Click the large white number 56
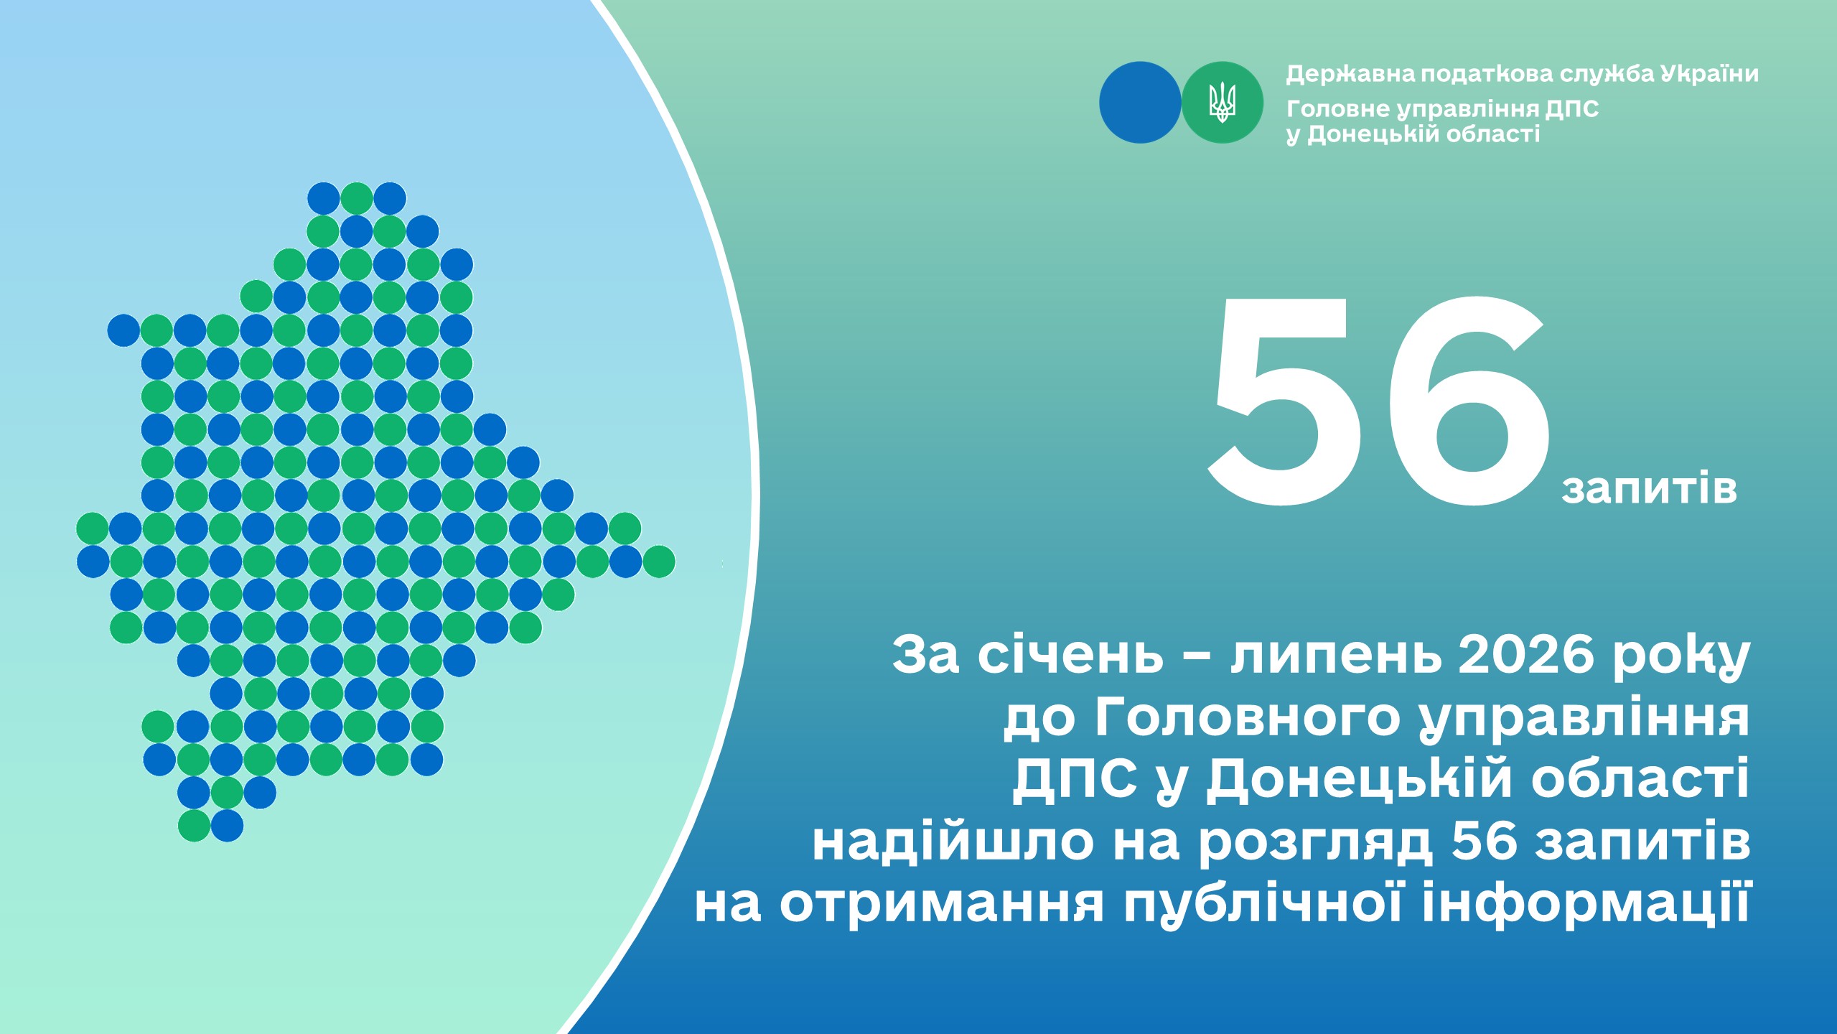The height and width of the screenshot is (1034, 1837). click(1377, 403)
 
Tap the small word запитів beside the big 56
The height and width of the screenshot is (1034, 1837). click(1649, 489)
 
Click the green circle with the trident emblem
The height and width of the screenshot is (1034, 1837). click(1222, 103)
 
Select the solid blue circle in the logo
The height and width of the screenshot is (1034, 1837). click(1140, 103)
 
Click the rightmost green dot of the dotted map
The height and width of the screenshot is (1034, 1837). click(658, 562)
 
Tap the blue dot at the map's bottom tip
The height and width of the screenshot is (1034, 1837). click(227, 826)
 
